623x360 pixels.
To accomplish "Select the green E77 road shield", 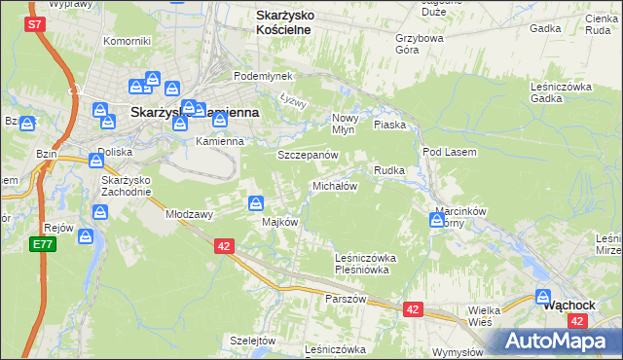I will pos(42,244).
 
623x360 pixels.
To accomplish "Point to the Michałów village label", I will pos(335,186).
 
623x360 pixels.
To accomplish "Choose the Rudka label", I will pos(389,170).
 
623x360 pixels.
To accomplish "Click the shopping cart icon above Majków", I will pos(255,203).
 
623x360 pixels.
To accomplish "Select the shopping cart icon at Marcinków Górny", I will pos(436,221).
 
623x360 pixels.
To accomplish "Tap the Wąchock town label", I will pos(568,304).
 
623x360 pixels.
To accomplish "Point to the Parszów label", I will pos(346,299).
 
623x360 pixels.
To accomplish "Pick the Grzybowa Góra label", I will pos(419,46).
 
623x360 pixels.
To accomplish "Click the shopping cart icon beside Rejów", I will pos(86,236).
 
